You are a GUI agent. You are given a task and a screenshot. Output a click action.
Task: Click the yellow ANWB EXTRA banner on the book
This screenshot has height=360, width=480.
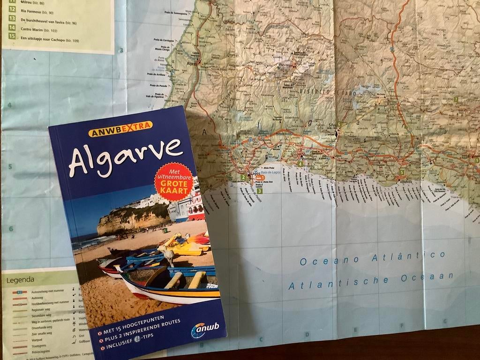[120, 128]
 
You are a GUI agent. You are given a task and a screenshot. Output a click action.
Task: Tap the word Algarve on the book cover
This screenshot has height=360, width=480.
[125, 155]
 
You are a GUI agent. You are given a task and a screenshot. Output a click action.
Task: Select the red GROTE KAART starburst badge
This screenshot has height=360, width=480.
[174, 181]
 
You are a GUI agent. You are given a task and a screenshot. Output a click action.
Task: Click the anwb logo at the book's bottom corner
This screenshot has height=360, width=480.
[205, 330]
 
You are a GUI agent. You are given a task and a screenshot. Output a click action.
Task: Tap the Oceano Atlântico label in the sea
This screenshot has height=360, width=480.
[373, 257]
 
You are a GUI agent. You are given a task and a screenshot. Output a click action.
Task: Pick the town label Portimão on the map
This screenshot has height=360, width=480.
[311, 159]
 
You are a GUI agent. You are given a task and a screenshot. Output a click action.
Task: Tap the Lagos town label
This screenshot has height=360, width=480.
[256, 172]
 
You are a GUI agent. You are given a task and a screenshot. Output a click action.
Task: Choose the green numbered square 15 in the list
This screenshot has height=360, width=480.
[12, 36]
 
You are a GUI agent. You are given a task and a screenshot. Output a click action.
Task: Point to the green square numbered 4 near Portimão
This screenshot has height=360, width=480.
[300, 164]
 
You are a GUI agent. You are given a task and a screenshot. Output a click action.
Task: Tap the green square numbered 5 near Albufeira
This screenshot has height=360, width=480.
[402, 172]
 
